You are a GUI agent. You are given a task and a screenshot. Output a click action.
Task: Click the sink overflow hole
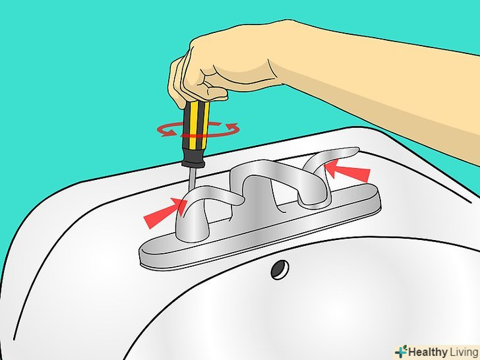pos(280,270)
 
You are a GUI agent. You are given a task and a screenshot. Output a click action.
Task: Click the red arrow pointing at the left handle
pos(165,212)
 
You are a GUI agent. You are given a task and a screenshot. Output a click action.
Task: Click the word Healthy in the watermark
pos(428,352)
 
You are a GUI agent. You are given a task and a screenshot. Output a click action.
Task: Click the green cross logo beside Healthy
pos(401,351)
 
